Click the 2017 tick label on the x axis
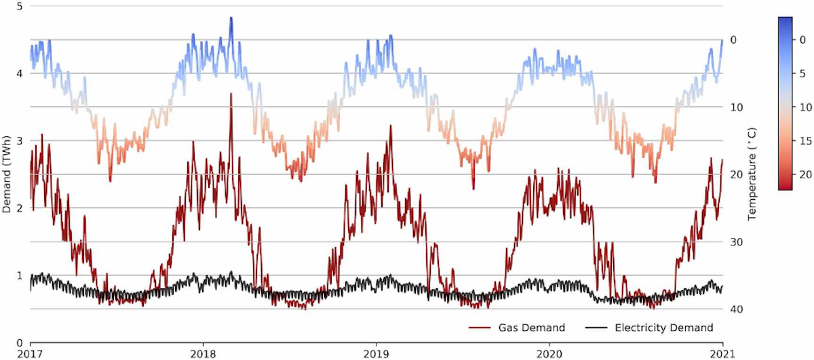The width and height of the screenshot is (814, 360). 30,354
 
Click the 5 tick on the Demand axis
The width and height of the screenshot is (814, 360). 20,7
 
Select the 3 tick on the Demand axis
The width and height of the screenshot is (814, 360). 20,141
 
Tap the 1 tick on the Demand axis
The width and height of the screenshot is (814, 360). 20,275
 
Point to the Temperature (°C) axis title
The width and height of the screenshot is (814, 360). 752,175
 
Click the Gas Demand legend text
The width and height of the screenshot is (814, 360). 532,328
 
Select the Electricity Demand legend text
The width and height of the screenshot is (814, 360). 663,328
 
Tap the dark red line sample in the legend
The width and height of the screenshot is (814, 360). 480,328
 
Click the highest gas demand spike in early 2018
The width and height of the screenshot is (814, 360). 231,95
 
